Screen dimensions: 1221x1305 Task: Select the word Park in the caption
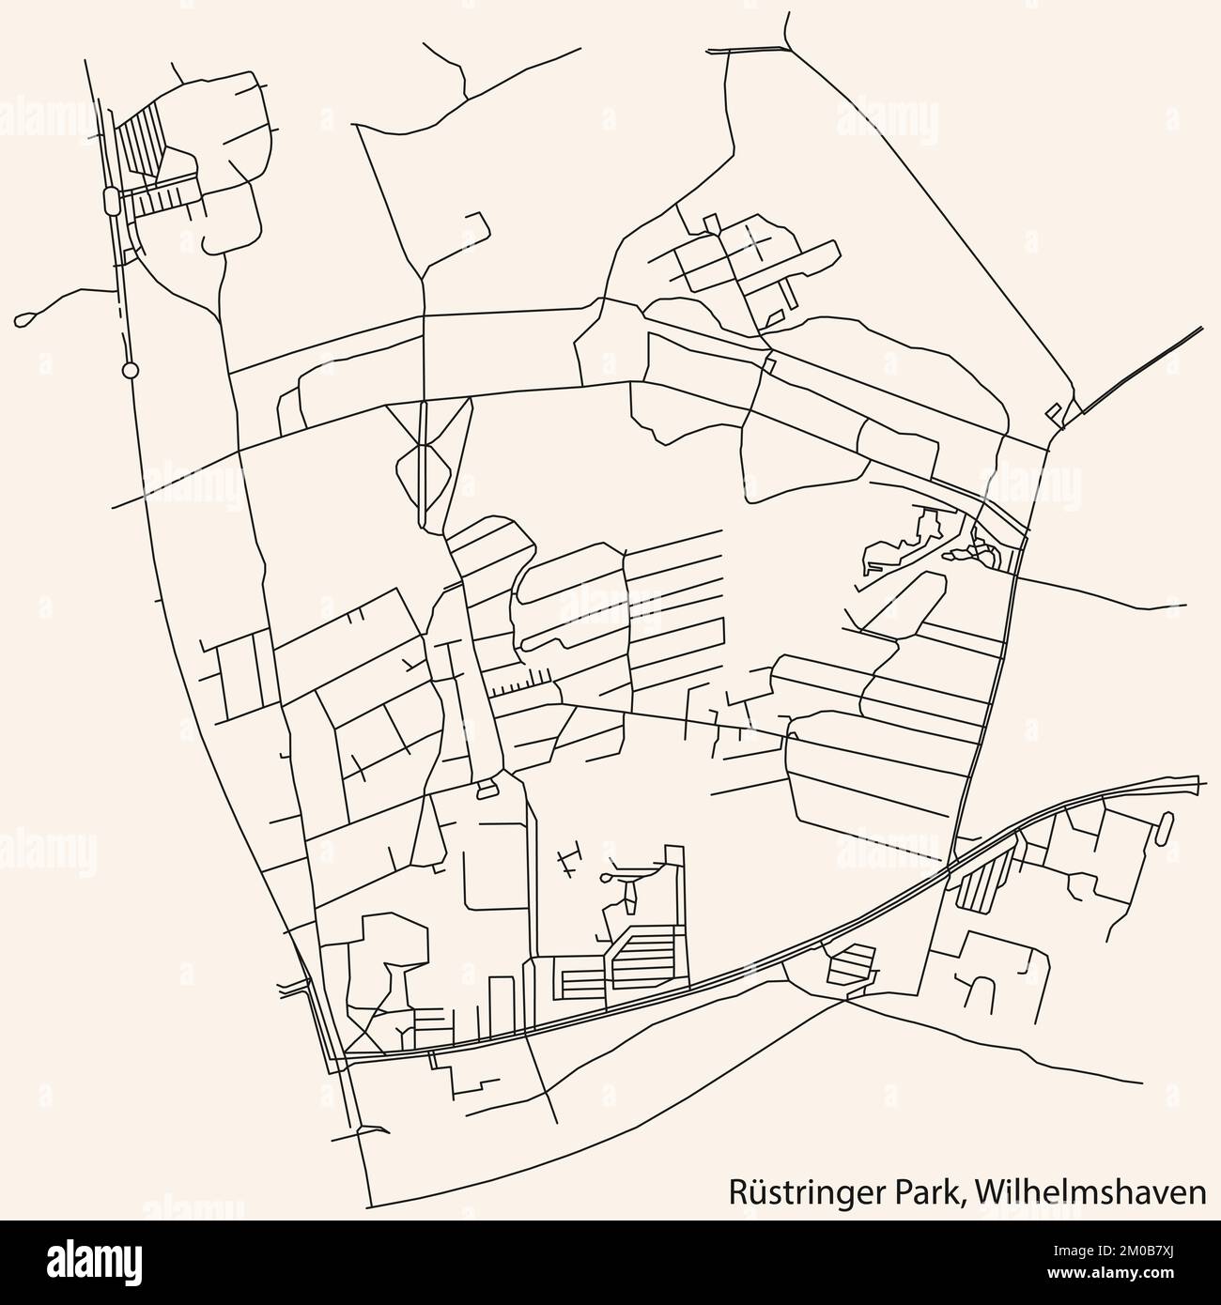click(929, 1192)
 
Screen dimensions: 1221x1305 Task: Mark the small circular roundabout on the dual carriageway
click(131, 371)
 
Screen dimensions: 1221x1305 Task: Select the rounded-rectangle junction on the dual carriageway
click(112, 199)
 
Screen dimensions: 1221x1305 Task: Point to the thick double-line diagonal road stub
click(1141, 370)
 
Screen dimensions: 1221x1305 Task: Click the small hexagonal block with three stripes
click(850, 965)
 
